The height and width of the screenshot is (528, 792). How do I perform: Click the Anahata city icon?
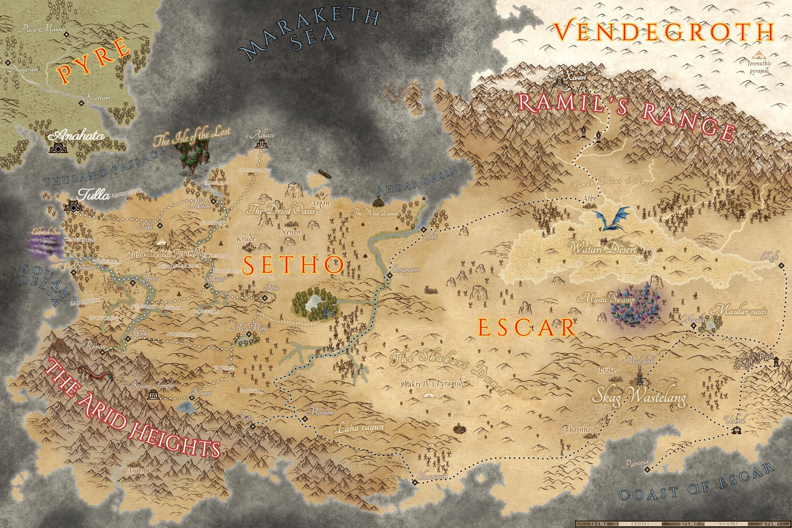58,147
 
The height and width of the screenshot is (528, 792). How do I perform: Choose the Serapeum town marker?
389,276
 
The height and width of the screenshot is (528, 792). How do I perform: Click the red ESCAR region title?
527,328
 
